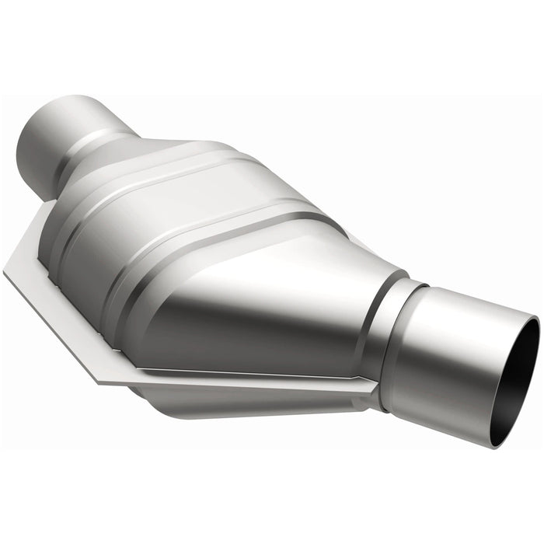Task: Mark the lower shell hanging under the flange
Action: click(233, 404)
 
